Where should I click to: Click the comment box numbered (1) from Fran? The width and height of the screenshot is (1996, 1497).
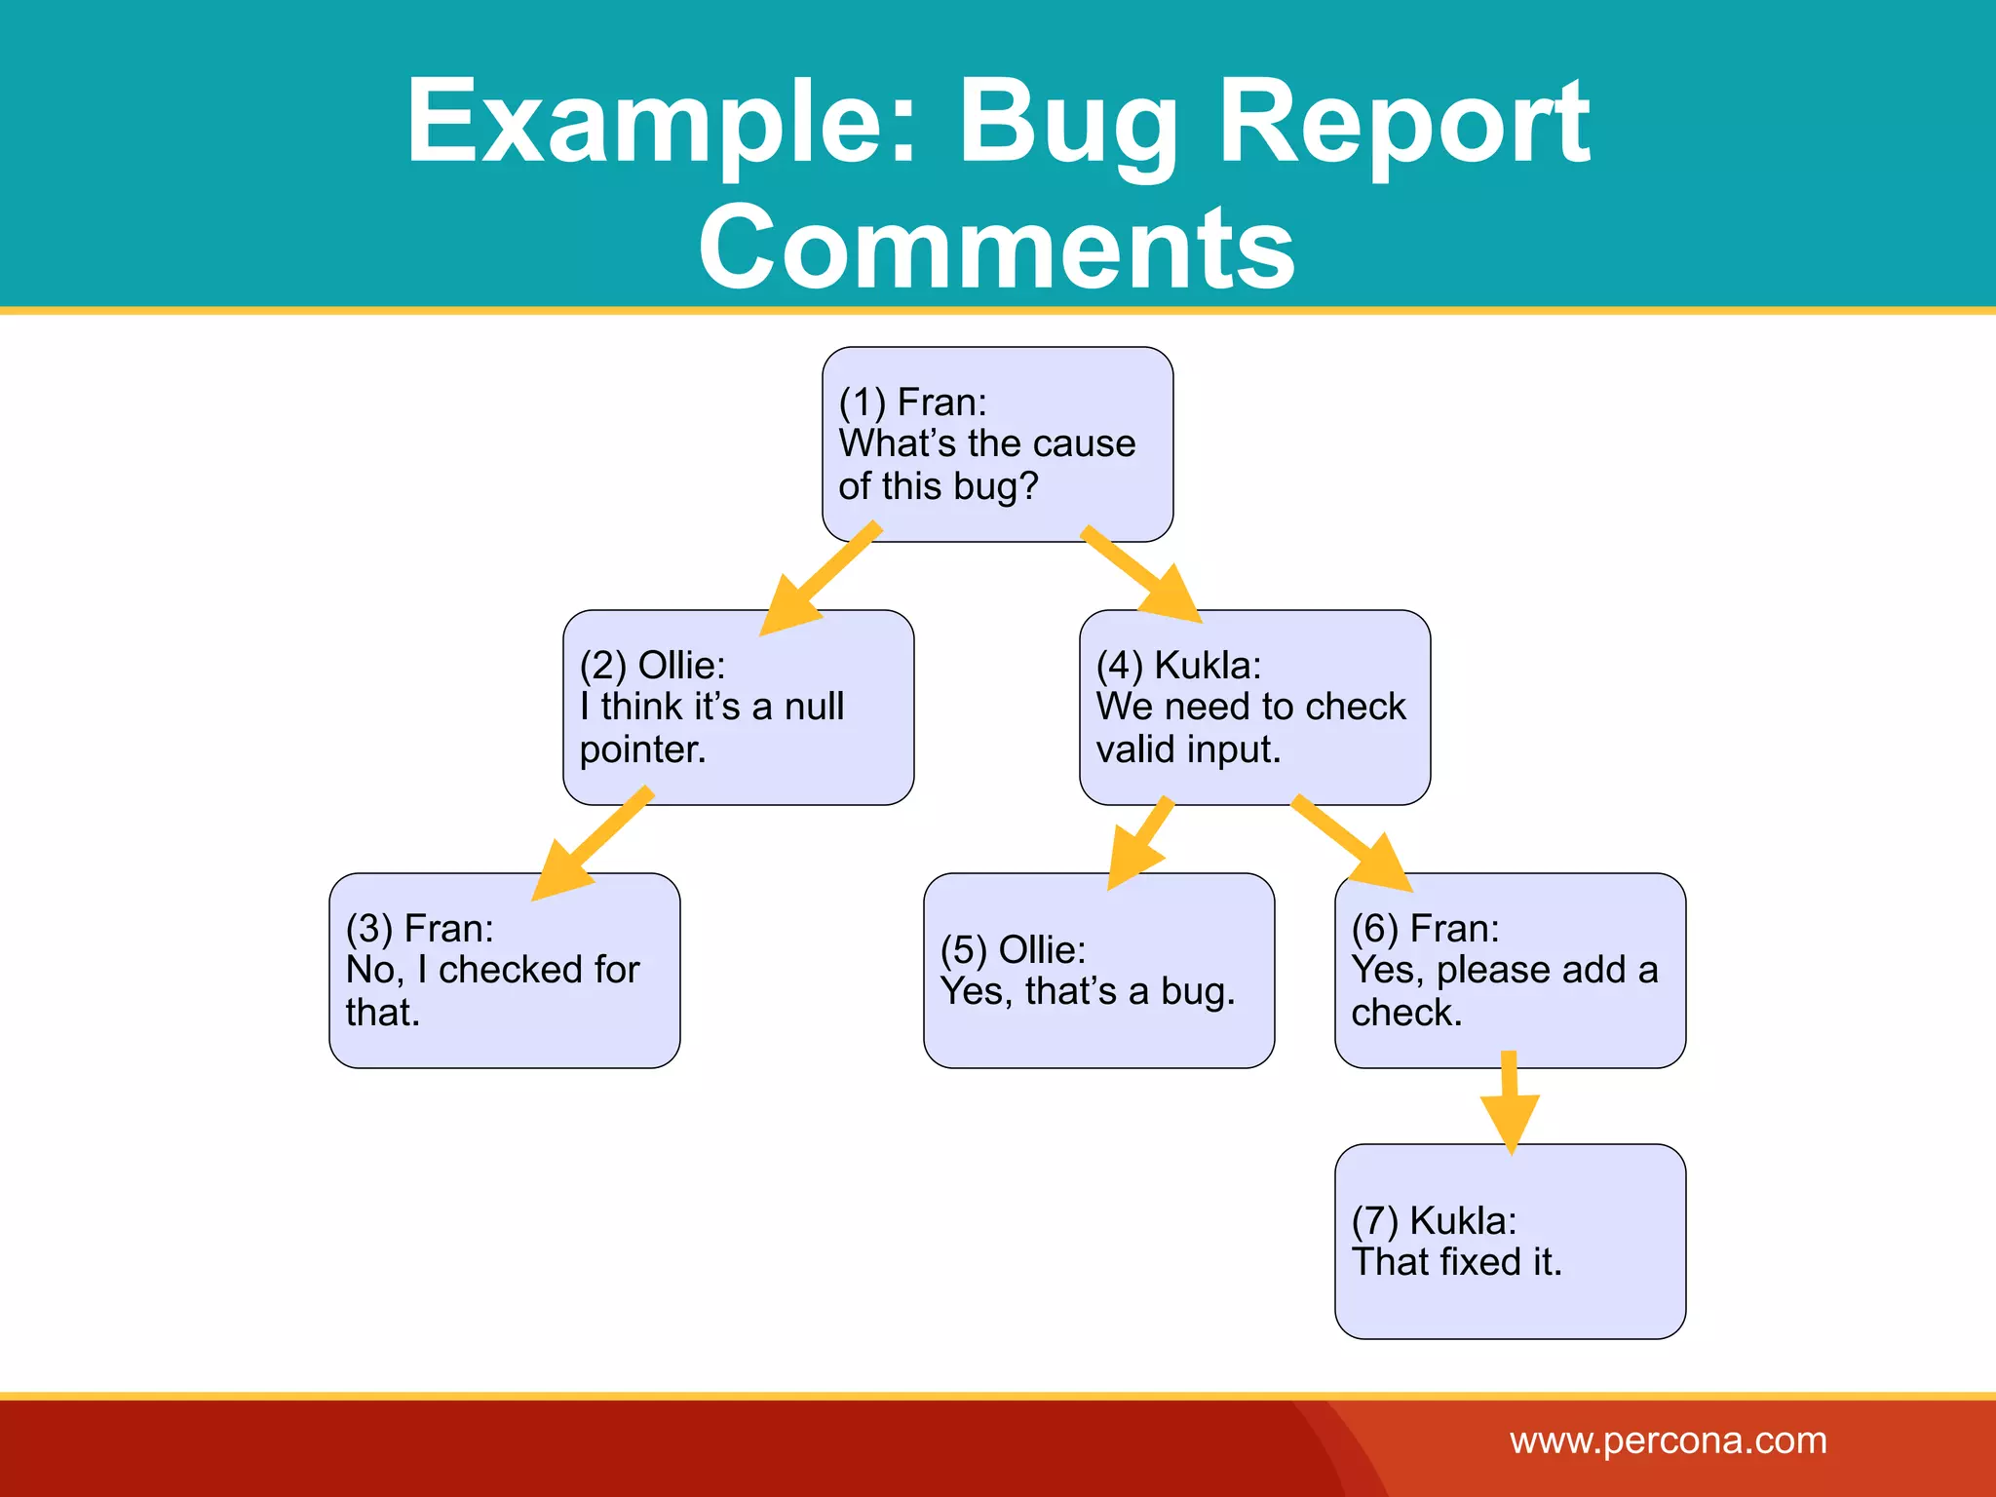997,443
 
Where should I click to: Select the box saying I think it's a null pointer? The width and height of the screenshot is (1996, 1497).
738,708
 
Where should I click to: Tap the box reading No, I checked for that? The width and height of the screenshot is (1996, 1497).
504,971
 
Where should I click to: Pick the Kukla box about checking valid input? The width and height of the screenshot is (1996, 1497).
1254,708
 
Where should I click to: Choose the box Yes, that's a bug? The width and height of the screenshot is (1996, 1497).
1098,971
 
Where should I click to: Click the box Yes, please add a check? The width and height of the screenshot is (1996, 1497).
1510,971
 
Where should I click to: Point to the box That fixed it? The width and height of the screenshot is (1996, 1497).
1510,1242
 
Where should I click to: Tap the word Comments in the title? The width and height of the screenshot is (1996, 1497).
997,248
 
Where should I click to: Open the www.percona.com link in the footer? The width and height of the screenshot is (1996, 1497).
1668,1440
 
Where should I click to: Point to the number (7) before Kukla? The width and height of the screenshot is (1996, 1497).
1374,1220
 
